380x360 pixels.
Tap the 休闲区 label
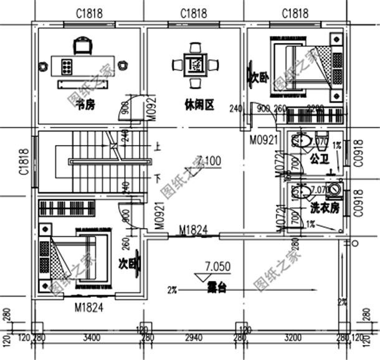coord(199,105)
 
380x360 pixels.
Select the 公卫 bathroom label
coord(320,159)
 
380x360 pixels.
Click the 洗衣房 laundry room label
coord(324,207)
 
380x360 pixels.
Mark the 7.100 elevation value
coord(208,161)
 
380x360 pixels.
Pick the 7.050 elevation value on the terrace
coord(217,266)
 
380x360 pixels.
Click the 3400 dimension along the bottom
coord(92,339)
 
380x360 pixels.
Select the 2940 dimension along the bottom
coord(194,339)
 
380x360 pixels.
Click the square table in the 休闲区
coord(196,64)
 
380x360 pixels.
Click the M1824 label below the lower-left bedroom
coord(88,307)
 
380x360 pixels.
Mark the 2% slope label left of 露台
coord(172,290)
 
